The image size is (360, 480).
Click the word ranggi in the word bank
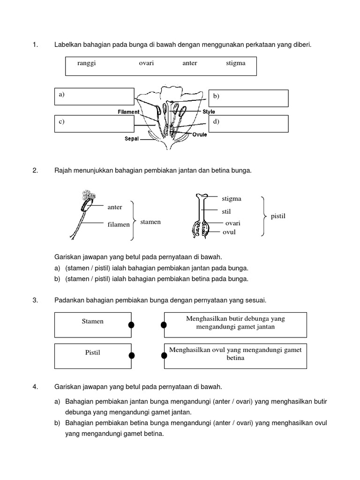(x=87, y=63)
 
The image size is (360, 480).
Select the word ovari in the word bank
(x=146, y=63)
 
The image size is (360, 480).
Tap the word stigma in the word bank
(x=235, y=63)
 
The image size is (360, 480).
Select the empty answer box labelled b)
(x=247, y=98)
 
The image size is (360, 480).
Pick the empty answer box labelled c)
(x=94, y=124)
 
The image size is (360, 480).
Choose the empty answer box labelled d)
(x=247, y=124)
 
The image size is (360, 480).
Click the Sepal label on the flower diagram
(x=132, y=139)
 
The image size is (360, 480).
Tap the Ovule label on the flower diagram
(x=199, y=135)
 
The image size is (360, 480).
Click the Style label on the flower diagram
(x=209, y=112)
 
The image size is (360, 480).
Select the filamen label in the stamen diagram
(x=119, y=225)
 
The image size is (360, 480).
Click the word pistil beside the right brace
(x=278, y=216)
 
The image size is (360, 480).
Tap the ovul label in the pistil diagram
(x=229, y=232)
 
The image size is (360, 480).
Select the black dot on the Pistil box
(x=132, y=355)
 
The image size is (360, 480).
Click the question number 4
(x=35, y=387)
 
